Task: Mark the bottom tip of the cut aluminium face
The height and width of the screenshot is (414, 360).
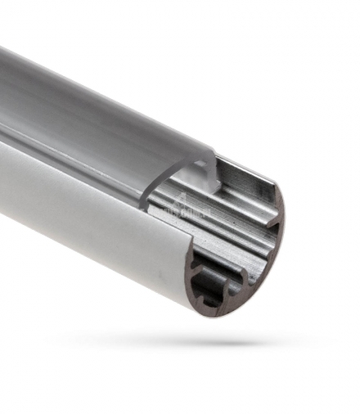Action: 214,316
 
